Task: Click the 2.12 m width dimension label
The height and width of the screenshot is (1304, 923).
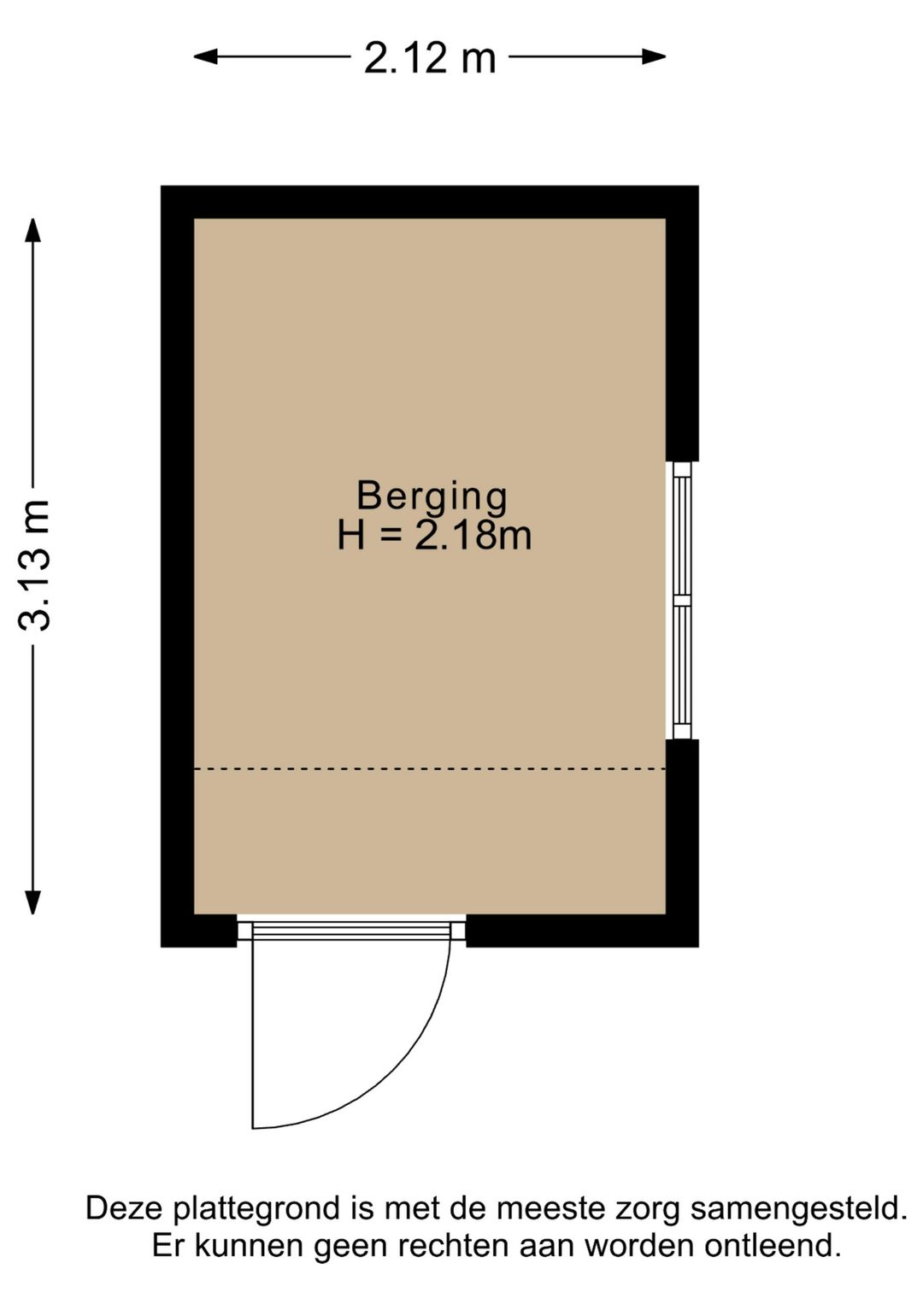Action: (x=430, y=58)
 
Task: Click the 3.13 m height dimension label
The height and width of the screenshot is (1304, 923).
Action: (x=36, y=565)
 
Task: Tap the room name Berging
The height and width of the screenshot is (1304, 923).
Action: (x=432, y=496)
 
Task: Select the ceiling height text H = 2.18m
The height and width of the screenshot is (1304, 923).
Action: (x=434, y=536)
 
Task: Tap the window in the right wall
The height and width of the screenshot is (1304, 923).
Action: (x=681, y=600)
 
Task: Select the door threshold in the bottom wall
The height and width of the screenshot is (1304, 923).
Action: (x=351, y=930)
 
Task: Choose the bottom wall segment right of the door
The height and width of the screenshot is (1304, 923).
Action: (x=582, y=931)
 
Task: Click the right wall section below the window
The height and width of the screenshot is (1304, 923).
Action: (x=682, y=842)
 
